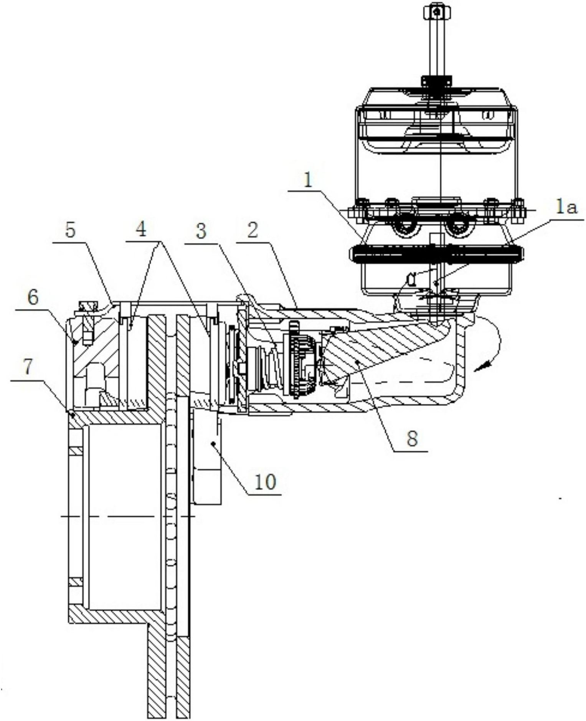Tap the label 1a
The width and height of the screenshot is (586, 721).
[x=566, y=208]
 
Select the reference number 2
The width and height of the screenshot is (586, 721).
[x=252, y=230]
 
